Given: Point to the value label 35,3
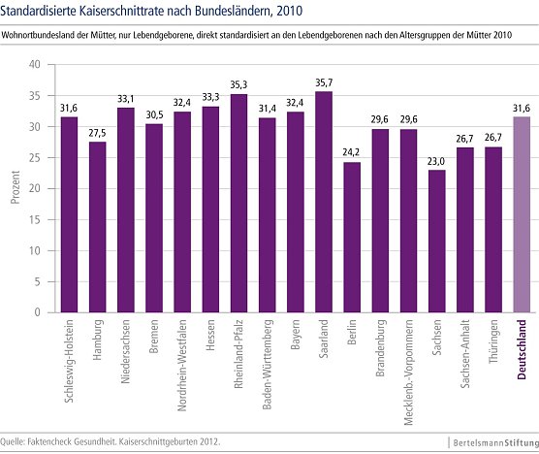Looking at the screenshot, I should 238,84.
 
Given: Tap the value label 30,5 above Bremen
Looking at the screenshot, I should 154,114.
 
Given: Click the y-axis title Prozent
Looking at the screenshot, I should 15,189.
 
